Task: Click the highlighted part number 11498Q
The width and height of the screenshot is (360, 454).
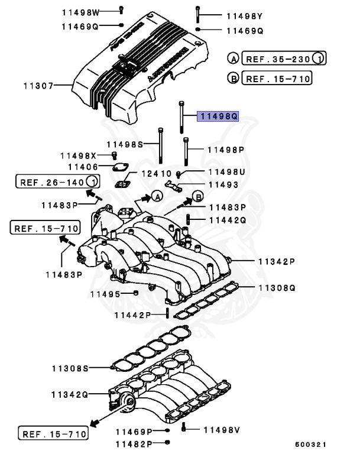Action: point(218,117)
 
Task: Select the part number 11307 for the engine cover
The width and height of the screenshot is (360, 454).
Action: point(35,86)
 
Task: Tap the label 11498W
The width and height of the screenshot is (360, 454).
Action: point(80,11)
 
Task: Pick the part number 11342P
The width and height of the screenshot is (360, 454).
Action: point(275,261)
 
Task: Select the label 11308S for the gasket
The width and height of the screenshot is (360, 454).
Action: point(69,368)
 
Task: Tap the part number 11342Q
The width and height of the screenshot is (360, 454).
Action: point(69,394)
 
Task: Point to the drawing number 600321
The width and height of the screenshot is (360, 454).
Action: point(310,444)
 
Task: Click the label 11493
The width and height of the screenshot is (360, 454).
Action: point(222,185)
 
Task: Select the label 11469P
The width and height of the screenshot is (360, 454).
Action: point(134,432)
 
